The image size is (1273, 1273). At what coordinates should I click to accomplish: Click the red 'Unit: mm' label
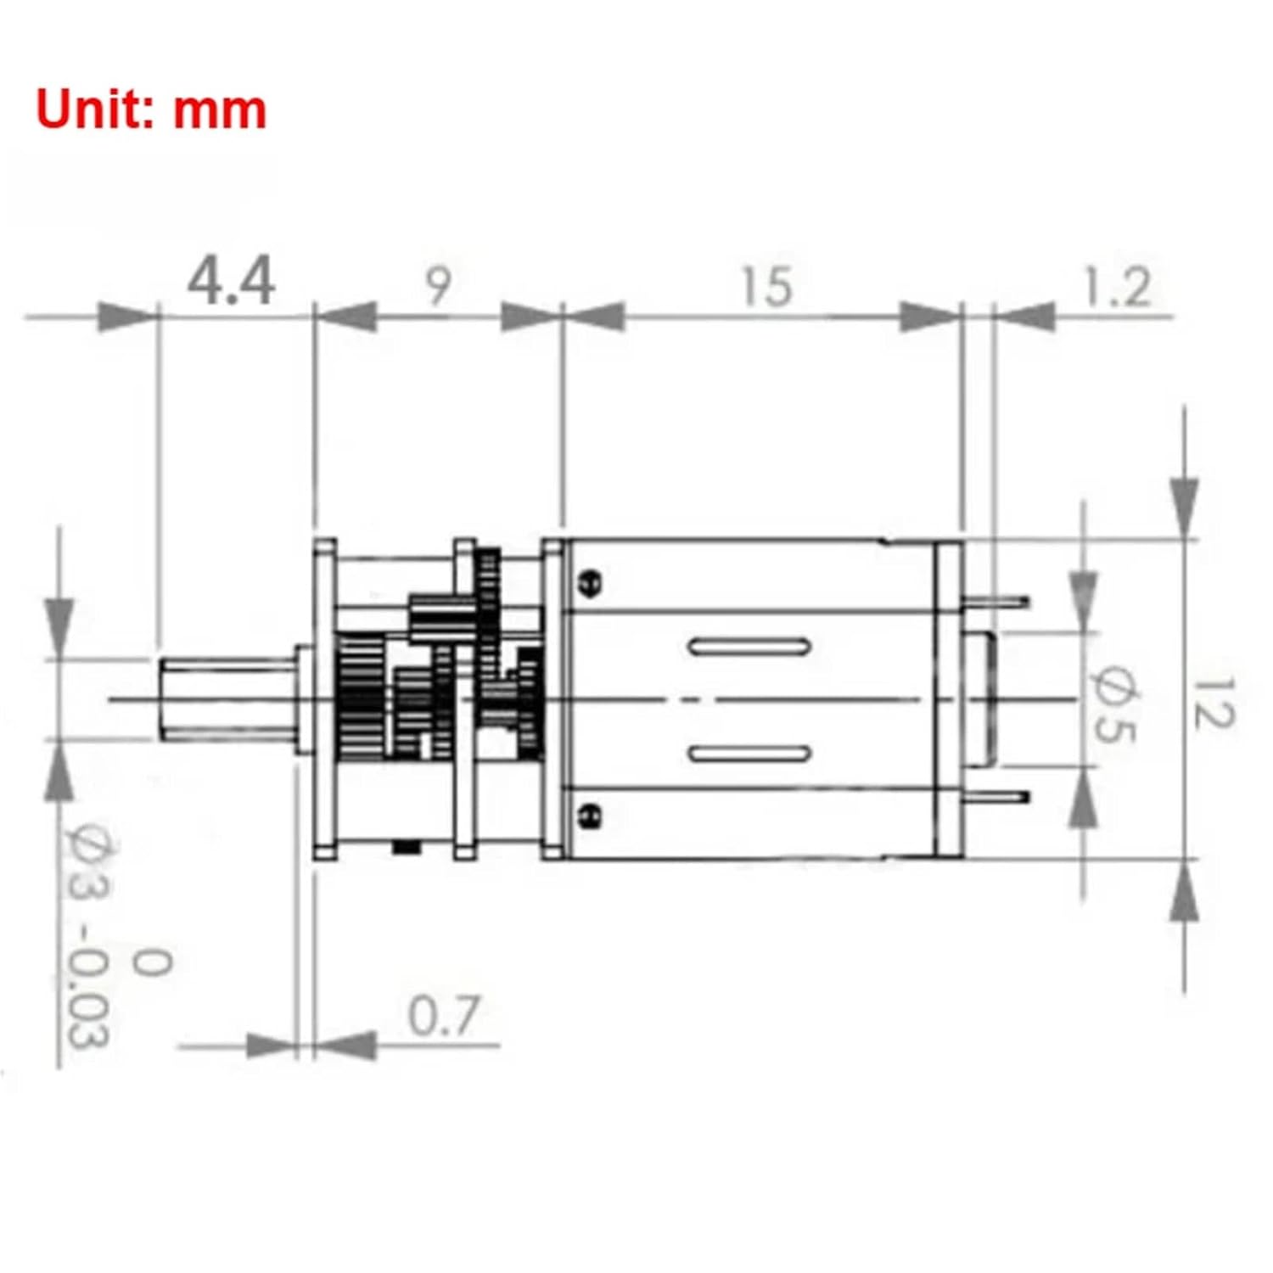pos(151,110)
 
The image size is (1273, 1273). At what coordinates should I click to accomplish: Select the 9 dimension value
pos(438,286)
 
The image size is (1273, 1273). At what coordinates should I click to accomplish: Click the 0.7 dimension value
pos(443,1016)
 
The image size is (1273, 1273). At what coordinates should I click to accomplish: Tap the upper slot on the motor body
pos(749,647)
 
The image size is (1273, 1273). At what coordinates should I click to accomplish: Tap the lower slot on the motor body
pos(749,754)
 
